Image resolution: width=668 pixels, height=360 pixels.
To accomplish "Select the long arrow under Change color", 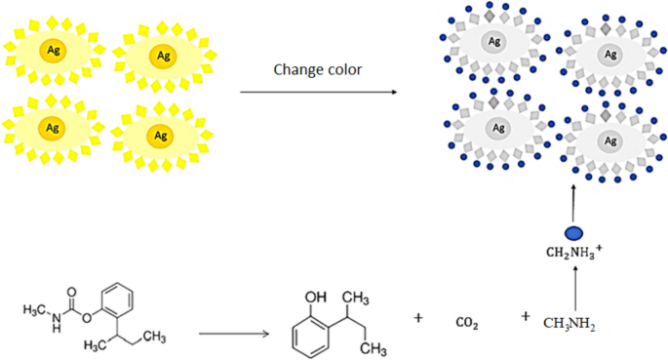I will tap(318, 93).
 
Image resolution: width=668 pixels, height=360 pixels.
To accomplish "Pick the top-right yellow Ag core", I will tap(158, 56).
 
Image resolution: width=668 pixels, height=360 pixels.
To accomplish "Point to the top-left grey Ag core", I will tap(495, 41).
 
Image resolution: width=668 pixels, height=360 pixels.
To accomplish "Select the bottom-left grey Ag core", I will tap(497, 128).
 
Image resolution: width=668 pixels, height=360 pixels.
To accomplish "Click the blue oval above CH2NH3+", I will tap(574, 232).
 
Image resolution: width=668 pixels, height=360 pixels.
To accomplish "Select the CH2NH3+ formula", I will tap(574, 257).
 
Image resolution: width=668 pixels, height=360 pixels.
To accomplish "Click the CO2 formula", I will tap(467, 322).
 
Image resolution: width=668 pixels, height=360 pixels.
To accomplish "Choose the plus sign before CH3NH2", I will tap(526, 316).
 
